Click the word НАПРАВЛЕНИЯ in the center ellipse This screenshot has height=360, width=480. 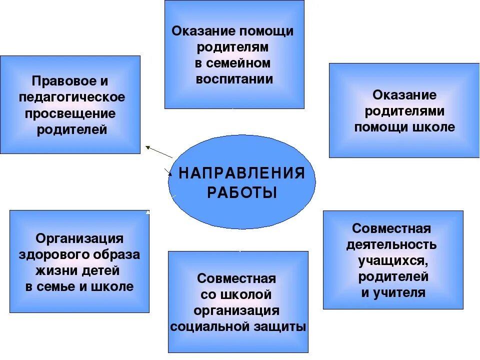(242, 173)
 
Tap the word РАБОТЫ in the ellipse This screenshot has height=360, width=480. (242, 193)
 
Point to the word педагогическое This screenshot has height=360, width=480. (72, 97)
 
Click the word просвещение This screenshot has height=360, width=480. (70, 113)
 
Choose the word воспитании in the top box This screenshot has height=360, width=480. (234, 79)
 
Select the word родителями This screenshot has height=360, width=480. (404, 111)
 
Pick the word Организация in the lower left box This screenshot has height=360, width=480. (79, 238)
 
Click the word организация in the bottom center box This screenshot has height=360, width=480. (236, 310)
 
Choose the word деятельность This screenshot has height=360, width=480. (391, 245)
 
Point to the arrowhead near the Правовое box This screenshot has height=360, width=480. (147, 147)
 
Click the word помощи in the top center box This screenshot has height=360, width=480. (266, 31)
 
